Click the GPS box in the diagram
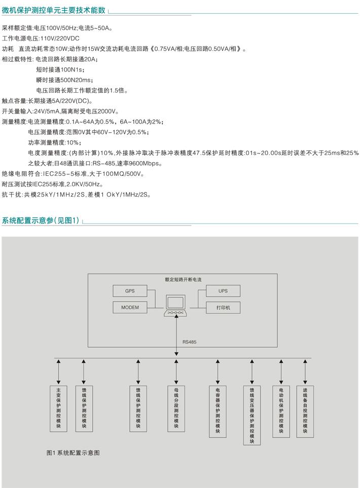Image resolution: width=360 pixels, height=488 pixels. [130, 291]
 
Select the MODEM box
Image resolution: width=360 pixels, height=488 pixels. [130, 308]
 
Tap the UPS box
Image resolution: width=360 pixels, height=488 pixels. [223, 291]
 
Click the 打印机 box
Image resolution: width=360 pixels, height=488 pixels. [223, 308]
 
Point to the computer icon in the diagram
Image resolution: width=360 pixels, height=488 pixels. [175, 306]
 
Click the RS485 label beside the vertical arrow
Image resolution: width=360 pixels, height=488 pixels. [189, 342]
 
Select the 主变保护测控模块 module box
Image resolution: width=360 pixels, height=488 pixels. [58, 408]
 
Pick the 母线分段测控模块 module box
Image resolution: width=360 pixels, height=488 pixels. [176, 408]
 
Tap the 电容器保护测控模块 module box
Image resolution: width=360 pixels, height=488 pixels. [218, 411]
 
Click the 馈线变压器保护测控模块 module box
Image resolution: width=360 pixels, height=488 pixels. [252, 415]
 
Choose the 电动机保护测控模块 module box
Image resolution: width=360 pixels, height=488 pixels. [281, 411]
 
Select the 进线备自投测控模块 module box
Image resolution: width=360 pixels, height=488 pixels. [305, 411]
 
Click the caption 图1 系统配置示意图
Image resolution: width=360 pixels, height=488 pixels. [73, 453]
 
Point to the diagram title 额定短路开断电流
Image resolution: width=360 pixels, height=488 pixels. [183, 280]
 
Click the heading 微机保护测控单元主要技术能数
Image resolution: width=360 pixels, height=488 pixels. [54, 10]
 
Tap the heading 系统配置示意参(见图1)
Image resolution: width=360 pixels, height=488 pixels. [41, 220]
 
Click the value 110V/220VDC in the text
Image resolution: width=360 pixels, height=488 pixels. [60, 39]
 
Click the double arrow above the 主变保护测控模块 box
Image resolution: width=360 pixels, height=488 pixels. [58, 372]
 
